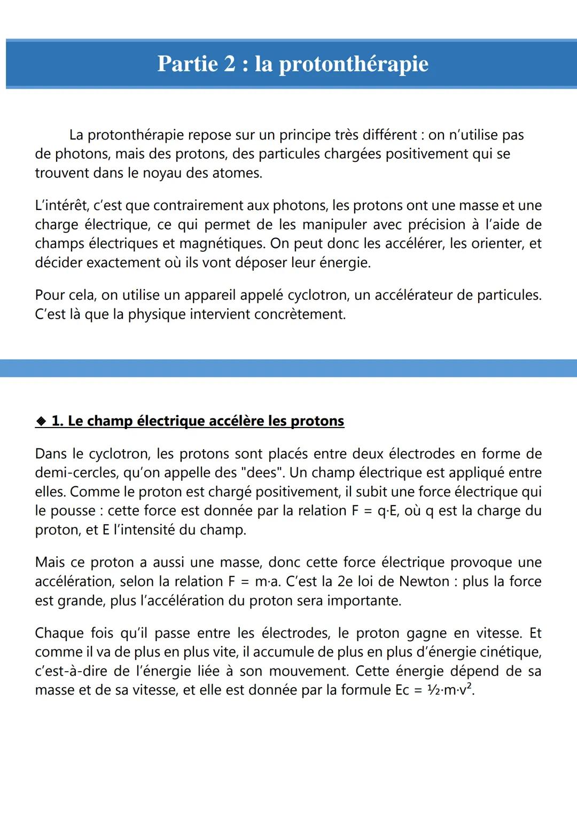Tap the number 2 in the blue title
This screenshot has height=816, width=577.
tap(229, 64)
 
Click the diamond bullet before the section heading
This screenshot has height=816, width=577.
tap(42, 421)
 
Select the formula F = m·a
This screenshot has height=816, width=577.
tap(258, 581)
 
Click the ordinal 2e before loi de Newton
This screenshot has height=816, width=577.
tap(345, 581)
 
